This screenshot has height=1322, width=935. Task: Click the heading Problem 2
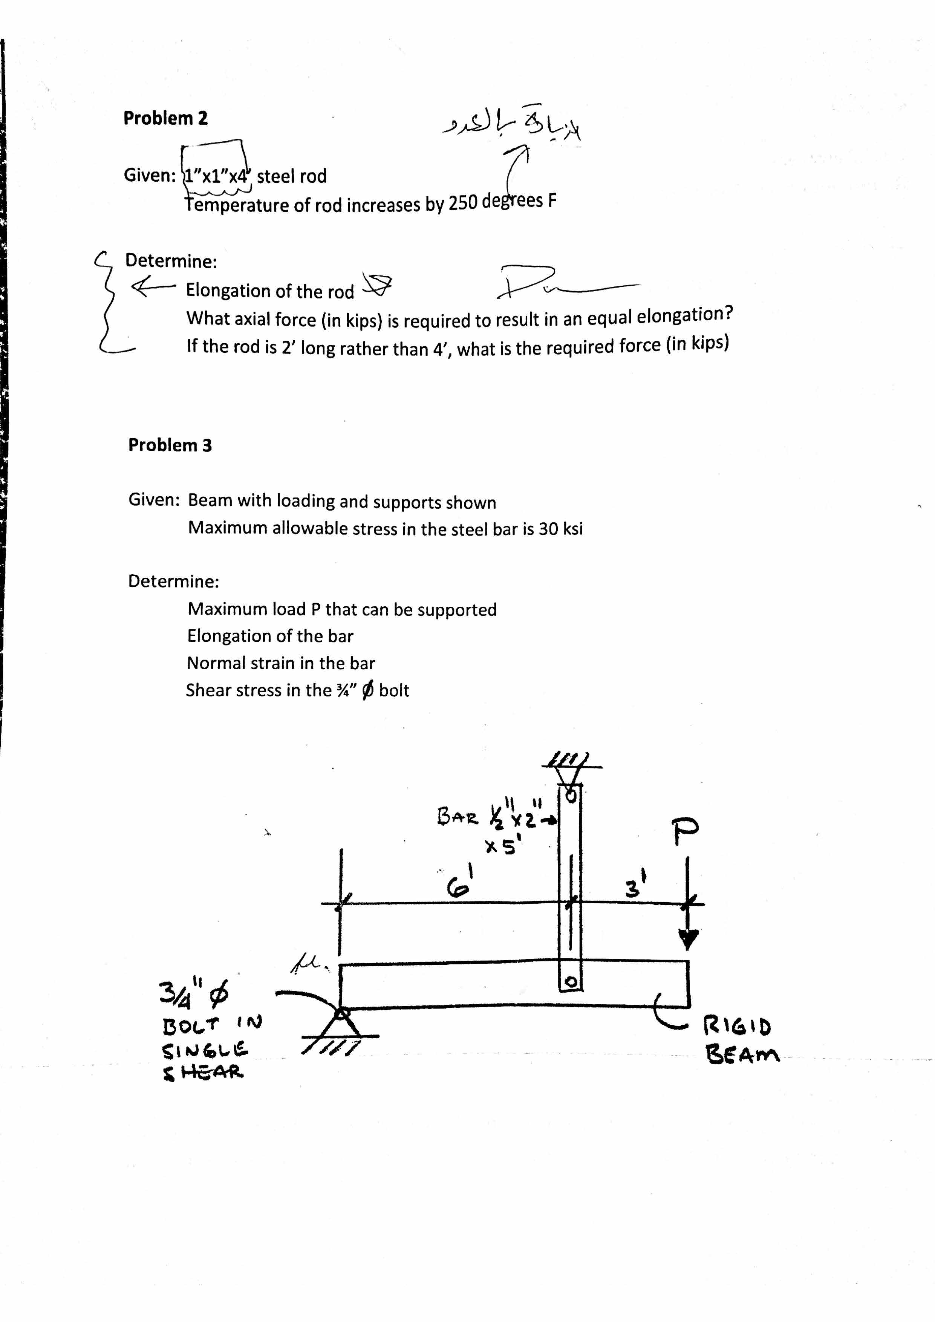pyautogui.click(x=165, y=118)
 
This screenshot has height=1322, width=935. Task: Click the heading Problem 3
pyautogui.click(x=170, y=445)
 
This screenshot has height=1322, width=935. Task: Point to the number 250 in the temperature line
pyautogui.click(x=463, y=203)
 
